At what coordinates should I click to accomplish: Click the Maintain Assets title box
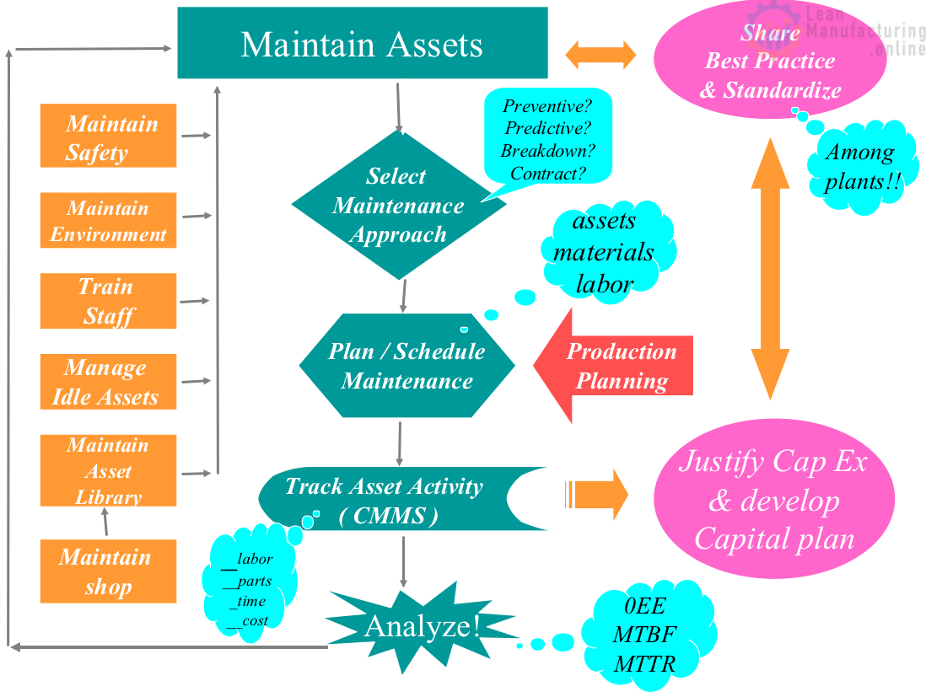click(362, 43)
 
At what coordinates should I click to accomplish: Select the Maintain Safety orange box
click(109, 137)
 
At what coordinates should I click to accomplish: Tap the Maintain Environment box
click(109, 220)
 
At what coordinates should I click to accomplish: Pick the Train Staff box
click(109, 301)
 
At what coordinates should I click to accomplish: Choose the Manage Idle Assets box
click(109, 382)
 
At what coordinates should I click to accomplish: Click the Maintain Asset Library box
click(109, 470)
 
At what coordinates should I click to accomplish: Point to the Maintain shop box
click(109, 571)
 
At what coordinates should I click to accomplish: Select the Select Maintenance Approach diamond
click(396, 205)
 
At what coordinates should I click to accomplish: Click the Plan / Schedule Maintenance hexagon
click(406, 366)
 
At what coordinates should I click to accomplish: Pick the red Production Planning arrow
click(616, 366)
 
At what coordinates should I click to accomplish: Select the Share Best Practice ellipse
click(770, 62)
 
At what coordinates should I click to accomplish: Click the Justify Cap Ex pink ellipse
click(773, 500)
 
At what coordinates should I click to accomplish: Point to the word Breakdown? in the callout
click(547, 151)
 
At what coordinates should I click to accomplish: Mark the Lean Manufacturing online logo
click(852, 32)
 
